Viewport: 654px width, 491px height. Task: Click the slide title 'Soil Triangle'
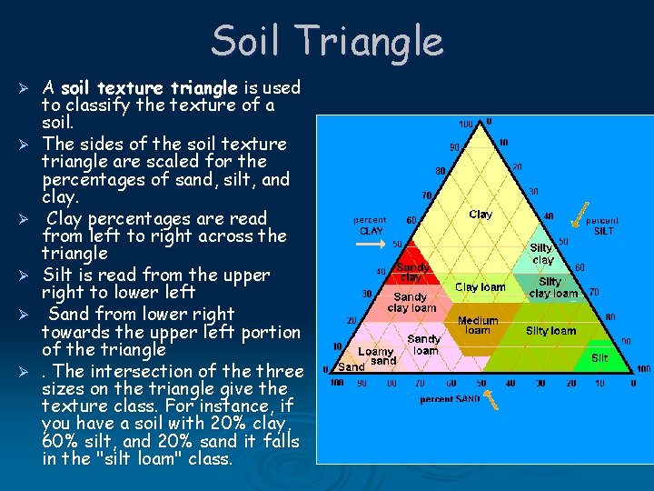coord(327,41)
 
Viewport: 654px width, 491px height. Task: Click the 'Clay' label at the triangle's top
coord(481,215)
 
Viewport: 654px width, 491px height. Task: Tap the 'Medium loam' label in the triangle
coord(478,326)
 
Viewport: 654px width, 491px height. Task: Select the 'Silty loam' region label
coord(550,331)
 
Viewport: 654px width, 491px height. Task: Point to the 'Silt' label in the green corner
coord(599,358)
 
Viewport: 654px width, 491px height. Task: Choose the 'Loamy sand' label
coord(376,356)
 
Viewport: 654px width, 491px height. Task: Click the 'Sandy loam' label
coord(424,345)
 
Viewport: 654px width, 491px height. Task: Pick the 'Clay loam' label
coord(480,286)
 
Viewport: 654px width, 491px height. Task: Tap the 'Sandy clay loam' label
coord(411,302)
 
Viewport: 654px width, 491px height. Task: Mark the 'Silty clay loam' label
coord(553,287)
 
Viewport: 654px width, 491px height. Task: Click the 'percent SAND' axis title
coord(450,399)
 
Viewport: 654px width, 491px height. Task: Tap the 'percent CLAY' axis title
coord(370,225)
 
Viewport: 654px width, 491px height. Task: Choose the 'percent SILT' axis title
coord(602,225)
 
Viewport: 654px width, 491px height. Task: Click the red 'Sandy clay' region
coord(412,272)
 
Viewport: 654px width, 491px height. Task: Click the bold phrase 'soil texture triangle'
coord(149,88)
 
